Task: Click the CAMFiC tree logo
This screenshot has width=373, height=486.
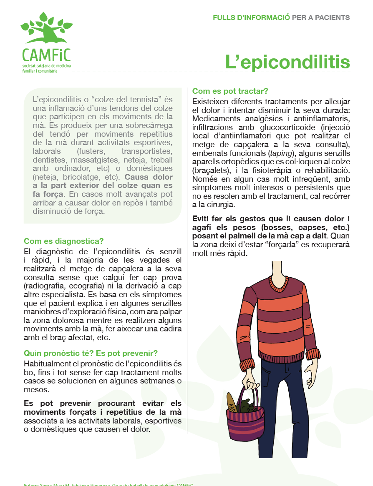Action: pyautogui.click(x=46, y=29)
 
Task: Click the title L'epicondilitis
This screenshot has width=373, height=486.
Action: pyautogui.click(x=287, y=62)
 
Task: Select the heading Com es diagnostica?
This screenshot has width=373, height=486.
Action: pyautogui.click(x=63, y=241)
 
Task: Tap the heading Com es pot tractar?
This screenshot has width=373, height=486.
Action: pyautogui.click(x=230, y=91)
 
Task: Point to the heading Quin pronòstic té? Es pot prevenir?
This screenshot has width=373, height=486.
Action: pyautogui.click(x=91, y=353)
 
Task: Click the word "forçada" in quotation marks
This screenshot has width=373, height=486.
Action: pyautogui.click(x=295, y=245)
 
